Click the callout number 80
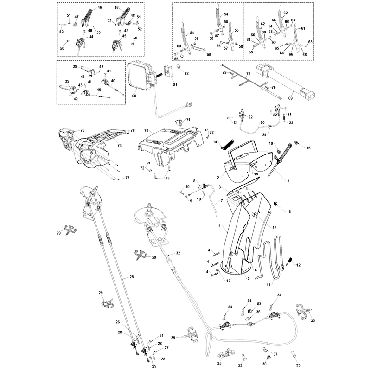pos(134,96)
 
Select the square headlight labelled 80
pos(141,76)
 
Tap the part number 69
pos(290,98)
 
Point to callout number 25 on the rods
pos(132,276)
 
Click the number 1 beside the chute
pos(219,226)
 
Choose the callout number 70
pos(146,131)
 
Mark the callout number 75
pos(82,130)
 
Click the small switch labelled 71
pos(179,122)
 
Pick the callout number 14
pos(215,142)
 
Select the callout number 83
pos(259,304)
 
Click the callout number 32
pos(178,253)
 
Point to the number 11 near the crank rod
pos(269,285)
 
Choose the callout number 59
pos(209,55)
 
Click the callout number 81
pos(175,85)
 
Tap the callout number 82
pos(186,74)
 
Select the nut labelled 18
pos(275,204)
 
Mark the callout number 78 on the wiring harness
pos(248,74)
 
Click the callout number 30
pos(154,367)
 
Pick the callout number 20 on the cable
pos(262,122)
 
